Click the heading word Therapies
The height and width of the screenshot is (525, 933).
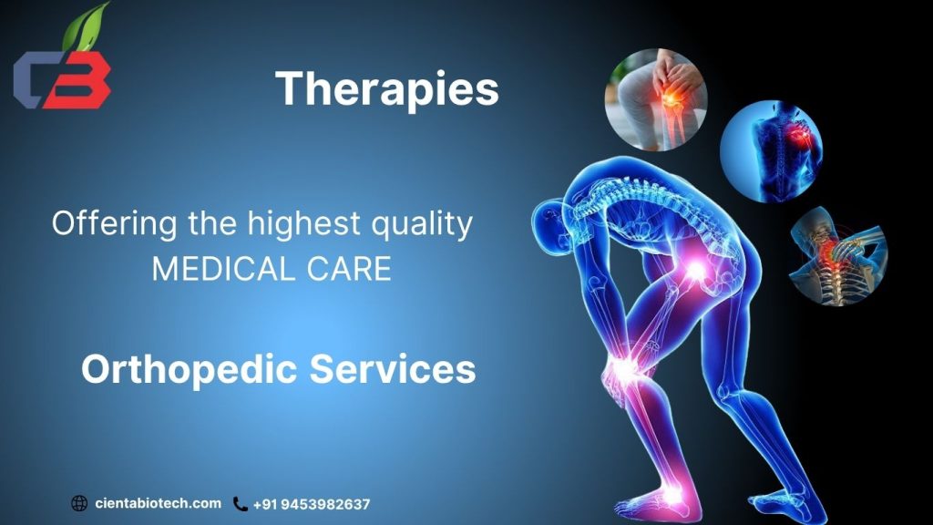pyautogui.click(x=387, y=89)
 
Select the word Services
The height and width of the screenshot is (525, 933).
pyautogui.click(x=393, y=369)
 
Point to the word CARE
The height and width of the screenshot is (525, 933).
pyautogui.click(x=351, y=269)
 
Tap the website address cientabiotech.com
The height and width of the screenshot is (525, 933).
pyautogui.click(x=158, y=503)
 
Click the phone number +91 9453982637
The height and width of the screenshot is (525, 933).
pyautogui.click(x=312, y=504)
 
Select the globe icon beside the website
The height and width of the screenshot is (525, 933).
pyautogui.click(x=79, y=503)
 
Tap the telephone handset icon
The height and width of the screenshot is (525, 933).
pyautogui.click(x=241, y=503)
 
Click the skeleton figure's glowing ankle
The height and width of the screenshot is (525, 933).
pyautogui.click(x=672, y=493)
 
